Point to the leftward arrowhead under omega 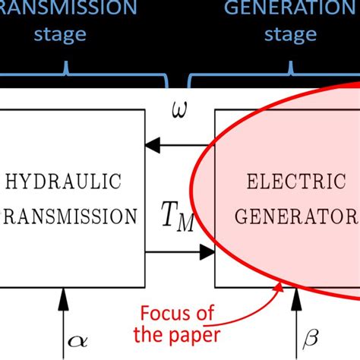(153, 141)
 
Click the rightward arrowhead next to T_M (208, 251)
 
